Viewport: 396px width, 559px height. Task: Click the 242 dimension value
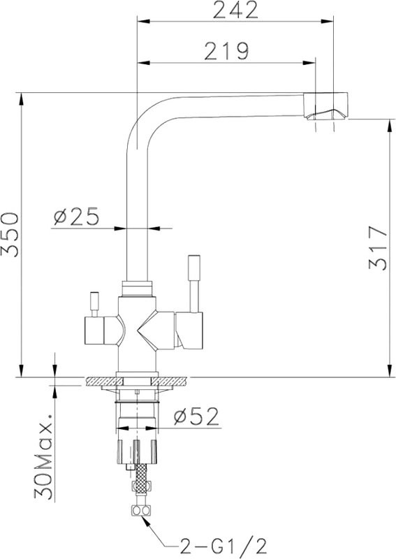click(235, 10)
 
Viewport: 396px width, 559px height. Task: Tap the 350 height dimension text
click(10, 235)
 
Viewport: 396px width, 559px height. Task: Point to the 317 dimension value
click(378, 247)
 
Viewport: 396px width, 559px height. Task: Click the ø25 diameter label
click(76, 217)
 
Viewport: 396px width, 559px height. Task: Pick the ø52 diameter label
click(196, 416)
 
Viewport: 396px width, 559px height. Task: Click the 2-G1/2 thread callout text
click(223, 546)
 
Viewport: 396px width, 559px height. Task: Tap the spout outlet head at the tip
click(325, 106)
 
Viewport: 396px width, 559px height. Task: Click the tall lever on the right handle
click(194, 284)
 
